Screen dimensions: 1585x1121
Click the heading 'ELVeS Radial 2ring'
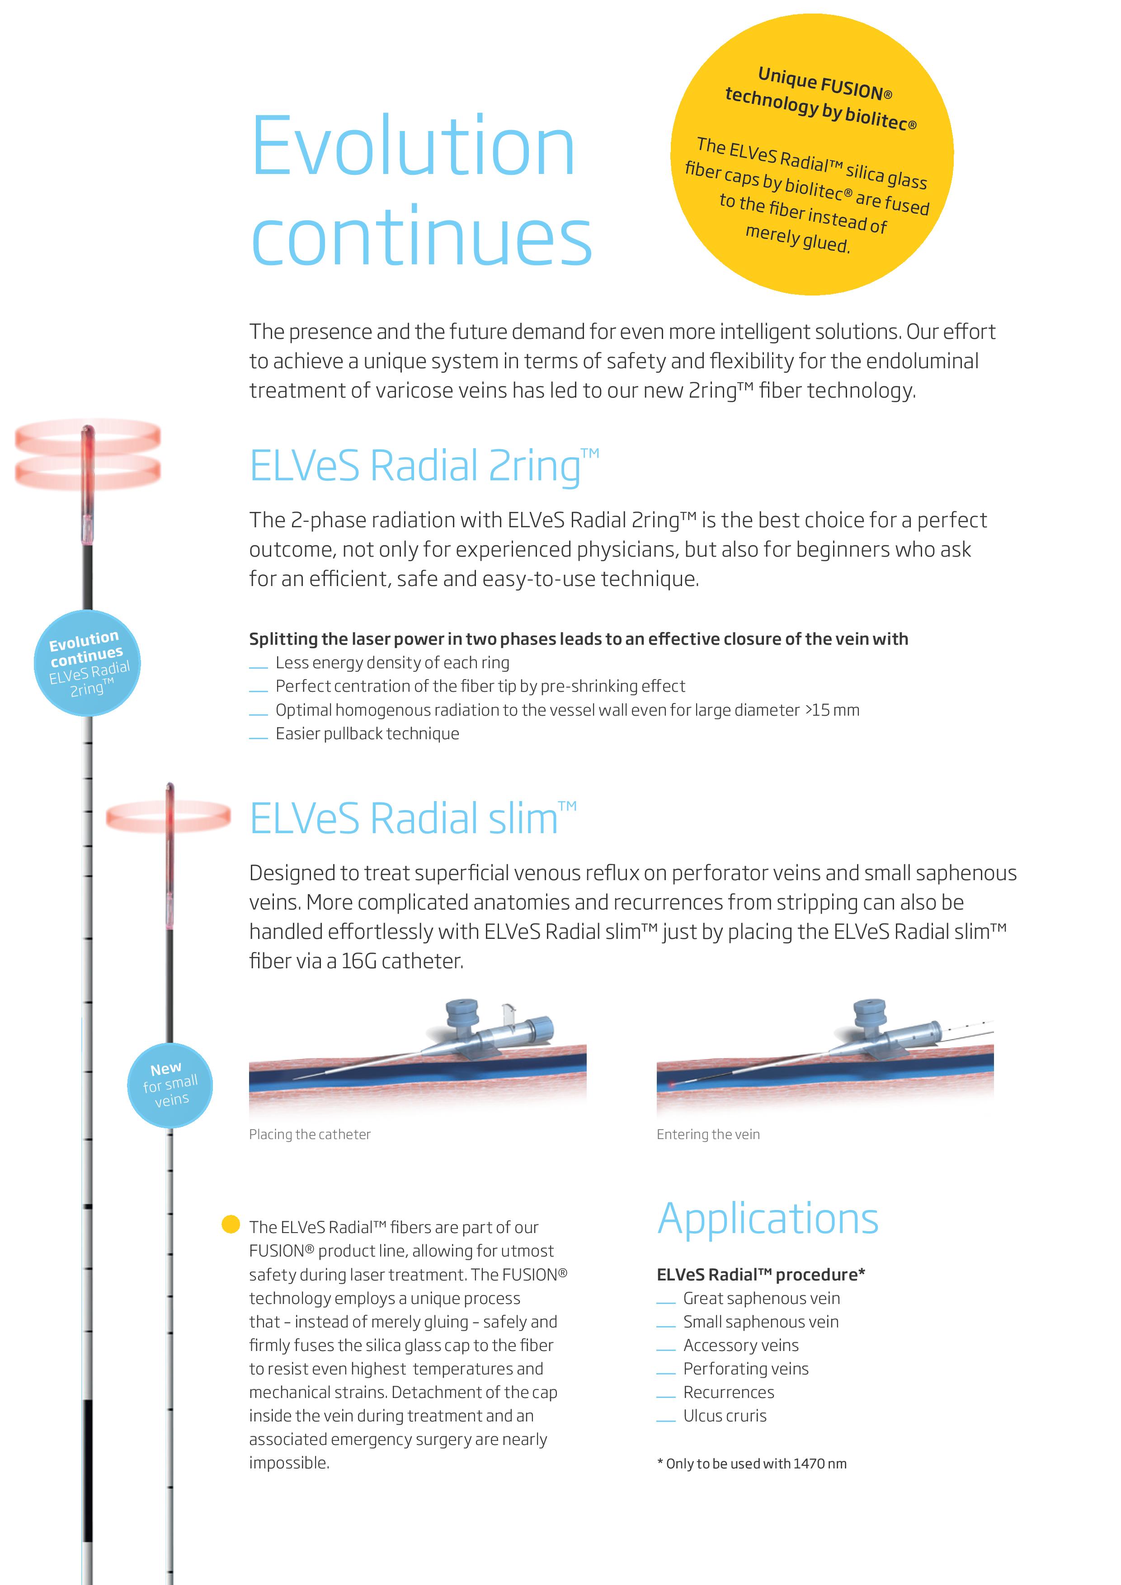[x=424, y=466]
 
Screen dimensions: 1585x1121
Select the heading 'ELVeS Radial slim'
[x=412, y=819]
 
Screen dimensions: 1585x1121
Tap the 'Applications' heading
[x=768, y=1219]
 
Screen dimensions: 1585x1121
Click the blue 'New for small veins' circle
[x=170, y=1085]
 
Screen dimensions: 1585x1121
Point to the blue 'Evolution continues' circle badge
[x=87, y=663]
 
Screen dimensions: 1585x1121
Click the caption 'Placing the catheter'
[x=310, y=1134]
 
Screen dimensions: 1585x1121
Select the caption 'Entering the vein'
[x=708, y=1134]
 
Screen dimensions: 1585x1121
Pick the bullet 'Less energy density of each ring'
[x=392, y=663]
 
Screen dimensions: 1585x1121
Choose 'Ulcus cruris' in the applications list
[x=725, y=1416]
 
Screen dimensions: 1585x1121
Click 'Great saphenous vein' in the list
[x=761, y=1299]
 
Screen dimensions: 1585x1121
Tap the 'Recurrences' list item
[x=729, y=1393]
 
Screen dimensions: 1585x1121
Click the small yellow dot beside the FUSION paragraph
[x=230, y=1224]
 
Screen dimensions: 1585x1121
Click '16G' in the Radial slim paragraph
[x=359, y=961]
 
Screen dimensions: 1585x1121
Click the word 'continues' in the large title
[x=421, y=236]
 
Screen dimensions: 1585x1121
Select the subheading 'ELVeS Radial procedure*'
[x=760, y=1274]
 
